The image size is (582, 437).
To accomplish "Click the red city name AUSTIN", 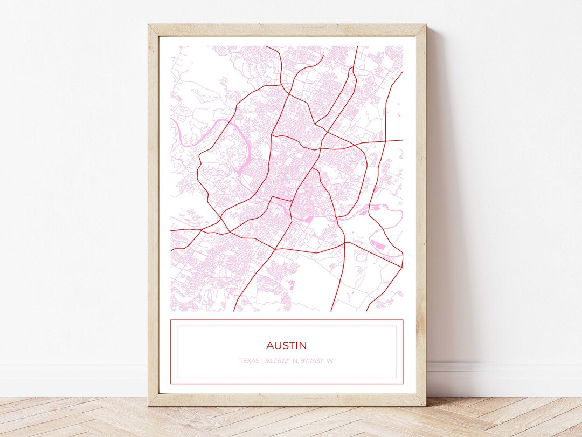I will tap(286, 345).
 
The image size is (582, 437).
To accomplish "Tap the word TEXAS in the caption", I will tap(250, 360).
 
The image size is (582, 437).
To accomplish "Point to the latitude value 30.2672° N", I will tap(281, 360).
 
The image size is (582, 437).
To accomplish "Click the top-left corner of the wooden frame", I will tap(149, 25).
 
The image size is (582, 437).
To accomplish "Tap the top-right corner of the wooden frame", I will tap(425, 25).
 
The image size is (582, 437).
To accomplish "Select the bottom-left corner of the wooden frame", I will tap(149, 405).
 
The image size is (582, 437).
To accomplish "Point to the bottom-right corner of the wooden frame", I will tap(425, 405).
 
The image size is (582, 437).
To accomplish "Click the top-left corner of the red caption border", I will tap(171, 320).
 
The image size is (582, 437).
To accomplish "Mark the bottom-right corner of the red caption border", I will tap(403, 384).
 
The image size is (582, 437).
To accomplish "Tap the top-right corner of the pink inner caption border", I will tap(397, 326).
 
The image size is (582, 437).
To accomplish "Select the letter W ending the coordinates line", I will tap(330, 360).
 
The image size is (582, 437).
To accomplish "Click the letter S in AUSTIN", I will tap(286, 345).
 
